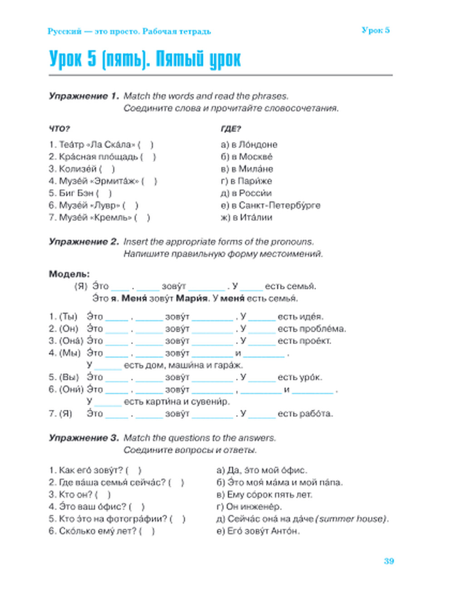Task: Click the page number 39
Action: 389,561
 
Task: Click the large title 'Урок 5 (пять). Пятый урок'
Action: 145,59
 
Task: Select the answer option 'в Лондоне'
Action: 254,145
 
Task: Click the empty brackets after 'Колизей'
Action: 107,169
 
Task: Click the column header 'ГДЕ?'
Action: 231,129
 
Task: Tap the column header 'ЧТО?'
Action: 59,129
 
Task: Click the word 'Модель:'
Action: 69,274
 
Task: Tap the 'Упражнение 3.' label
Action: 84,438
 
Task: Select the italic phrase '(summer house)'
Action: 352,519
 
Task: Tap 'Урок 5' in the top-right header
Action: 375,30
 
